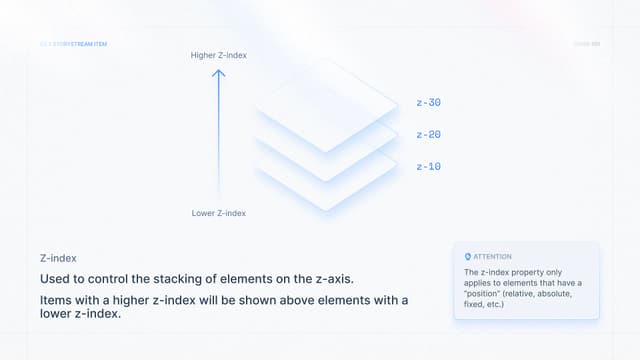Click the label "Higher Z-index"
(x=218, y=55)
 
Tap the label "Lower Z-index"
(x=218, y=213)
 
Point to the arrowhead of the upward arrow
(x=219, y=71)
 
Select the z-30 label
(x=428, y=102)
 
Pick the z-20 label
(x=428, y=134)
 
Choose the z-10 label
(x=428, y=166)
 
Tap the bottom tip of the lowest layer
(x=327, y=210)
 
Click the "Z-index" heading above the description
(x=58, y=258)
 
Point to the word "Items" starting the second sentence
(x=57, y=300)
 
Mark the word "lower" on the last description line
(x=59, y=315)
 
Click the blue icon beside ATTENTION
(x=468, y=257)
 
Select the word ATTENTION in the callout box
(x=492, y=257)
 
